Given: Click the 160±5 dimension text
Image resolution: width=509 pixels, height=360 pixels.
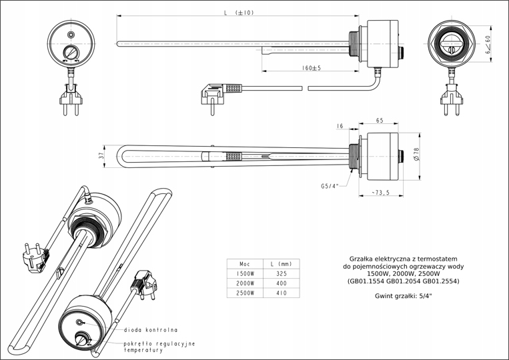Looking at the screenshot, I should tap(311, 68).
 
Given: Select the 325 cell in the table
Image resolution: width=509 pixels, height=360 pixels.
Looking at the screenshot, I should tap(282, 273).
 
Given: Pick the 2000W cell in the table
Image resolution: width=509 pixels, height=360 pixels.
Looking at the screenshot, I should tap(245, 283).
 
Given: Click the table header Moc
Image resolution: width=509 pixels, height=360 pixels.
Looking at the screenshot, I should tap(245, 263).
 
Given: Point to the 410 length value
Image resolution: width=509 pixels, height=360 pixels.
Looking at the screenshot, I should tap(282, 293).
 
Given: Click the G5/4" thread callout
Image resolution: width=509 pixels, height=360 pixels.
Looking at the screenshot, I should tap(330, 186).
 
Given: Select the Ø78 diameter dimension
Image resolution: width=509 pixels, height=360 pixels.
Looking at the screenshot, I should tap(416, 155).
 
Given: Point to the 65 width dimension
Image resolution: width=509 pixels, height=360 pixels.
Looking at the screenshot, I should tap(379, 121).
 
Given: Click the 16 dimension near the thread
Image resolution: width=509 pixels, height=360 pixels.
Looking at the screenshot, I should tap(340, 125).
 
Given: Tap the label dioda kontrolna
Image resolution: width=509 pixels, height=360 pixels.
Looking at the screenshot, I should tap(150, 329).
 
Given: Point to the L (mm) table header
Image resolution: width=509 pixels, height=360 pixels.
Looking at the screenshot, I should tap(282, 263).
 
